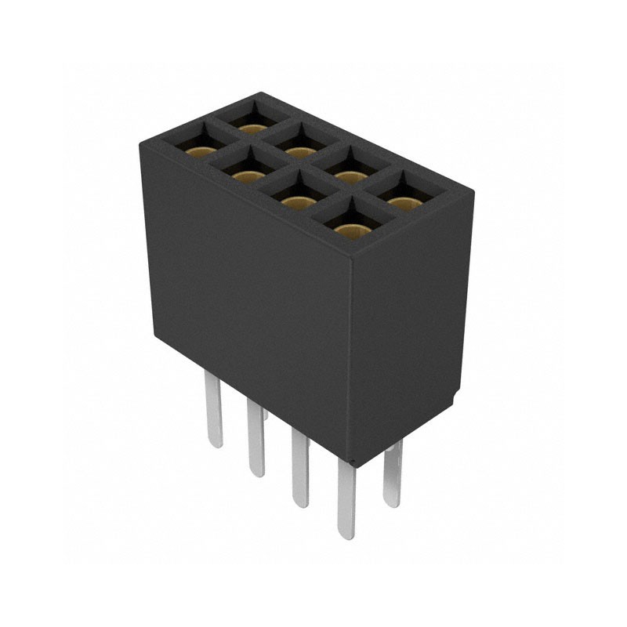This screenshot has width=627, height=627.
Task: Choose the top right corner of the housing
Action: [473, 190]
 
